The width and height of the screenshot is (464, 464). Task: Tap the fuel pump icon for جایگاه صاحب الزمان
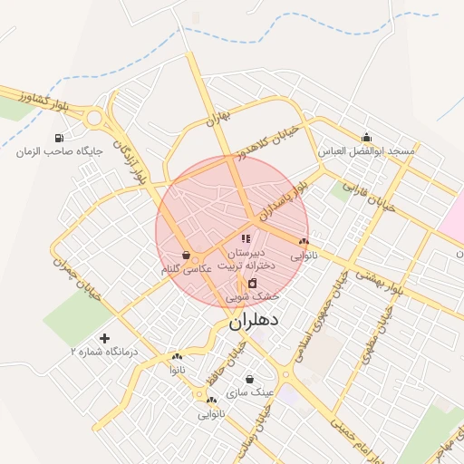pyautogui.click(x=59, y=139)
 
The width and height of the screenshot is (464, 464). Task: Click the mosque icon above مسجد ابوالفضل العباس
pyautogui.click(x=366, y=137)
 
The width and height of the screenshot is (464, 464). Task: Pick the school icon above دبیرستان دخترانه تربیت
pyautogui.click(x=246, y=238)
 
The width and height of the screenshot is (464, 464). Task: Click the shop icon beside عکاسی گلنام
pyautogui.click(x=186, y=256)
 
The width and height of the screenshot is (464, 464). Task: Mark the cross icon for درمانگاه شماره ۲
pyautogui.click(x=104, y=338)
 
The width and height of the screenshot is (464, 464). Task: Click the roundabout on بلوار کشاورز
pyautogui.click(x=94, y=117)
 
